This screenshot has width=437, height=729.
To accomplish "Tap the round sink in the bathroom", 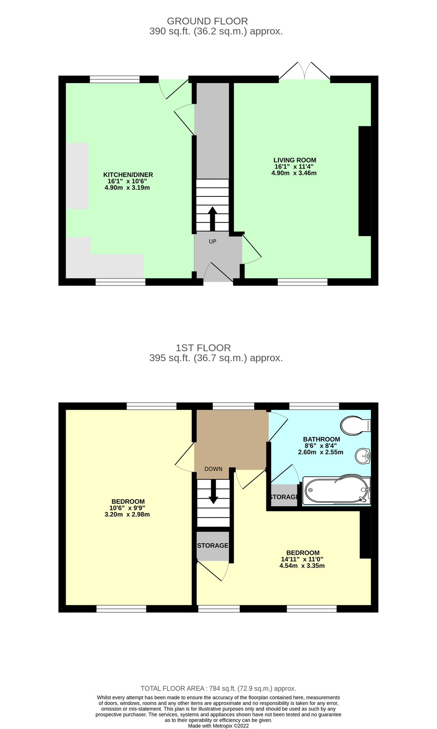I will tap(362, 456).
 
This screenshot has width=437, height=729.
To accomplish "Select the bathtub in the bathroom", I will tap(336, 490).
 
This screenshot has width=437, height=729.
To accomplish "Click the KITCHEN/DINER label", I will tap(128, 175).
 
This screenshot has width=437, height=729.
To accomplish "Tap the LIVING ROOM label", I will tap(295, 160).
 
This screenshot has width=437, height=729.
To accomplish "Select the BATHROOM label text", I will tap(321, 439).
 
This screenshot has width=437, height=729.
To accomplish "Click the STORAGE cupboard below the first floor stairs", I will tap(212, 546).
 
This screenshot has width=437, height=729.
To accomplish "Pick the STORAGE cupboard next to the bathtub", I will tap(284, 497).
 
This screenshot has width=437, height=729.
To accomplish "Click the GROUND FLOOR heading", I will tap(207, 21).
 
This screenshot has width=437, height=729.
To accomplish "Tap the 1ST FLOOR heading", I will tap(203, 348).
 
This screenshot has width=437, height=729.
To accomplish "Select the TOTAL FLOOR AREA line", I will tap(218, 688).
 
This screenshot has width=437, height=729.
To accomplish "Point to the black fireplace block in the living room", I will tap(364, 181).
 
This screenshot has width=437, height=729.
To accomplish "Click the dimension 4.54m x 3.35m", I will tap(302, 566).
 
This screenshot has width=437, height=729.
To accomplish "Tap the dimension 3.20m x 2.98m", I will tap(127, 515).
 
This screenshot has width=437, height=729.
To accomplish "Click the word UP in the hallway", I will tap(212, 241).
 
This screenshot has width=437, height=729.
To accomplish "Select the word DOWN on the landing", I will tap(213, 469).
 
